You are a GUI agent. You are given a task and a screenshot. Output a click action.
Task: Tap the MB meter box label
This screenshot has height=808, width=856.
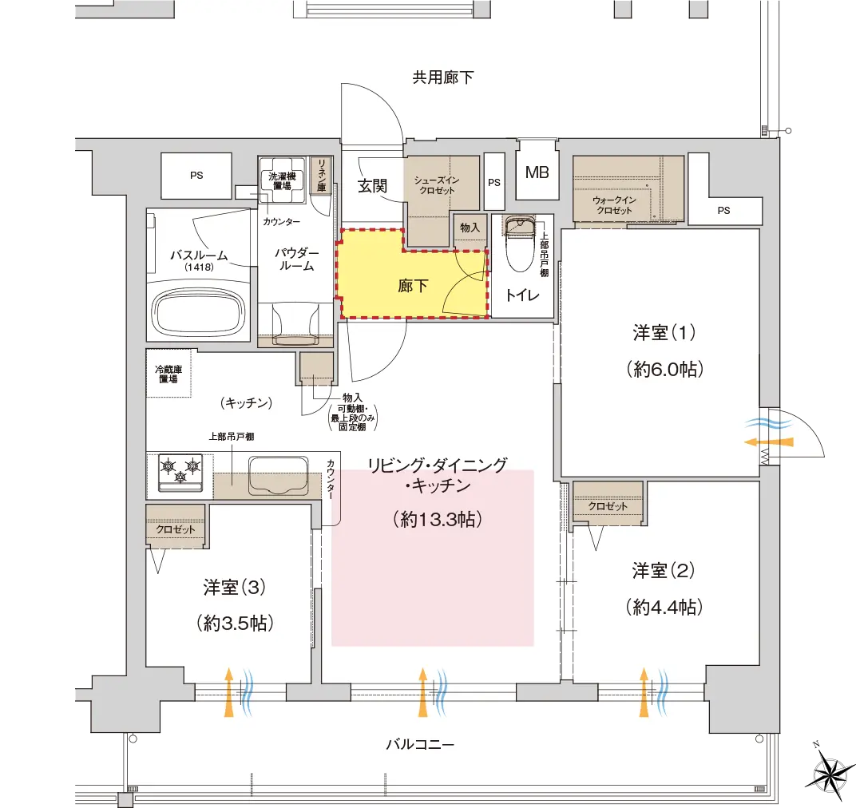pyautogui.click(x=537, y=172)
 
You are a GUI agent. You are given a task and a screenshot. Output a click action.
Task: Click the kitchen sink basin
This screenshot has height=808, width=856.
pyautogui.click(x=278, y=475)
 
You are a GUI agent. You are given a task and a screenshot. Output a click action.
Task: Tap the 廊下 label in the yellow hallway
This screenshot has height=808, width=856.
pyautogui.click(x=413, y=286)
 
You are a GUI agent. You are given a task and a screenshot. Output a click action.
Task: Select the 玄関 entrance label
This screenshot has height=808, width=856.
pyautogui.click(x=373, y=185)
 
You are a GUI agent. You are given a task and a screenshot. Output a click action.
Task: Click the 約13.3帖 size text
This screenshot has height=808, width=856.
pyautogui.click(x=438, y=519)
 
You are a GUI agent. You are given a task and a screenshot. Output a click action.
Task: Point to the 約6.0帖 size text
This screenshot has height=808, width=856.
pyautogui.click(x=664, y=370)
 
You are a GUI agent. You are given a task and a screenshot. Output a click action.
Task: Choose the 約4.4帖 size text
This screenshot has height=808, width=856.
pyautogui.click(x=664, y=607)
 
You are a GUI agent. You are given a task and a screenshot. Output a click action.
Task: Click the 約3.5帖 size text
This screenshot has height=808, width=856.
pyautogui.click(x=235, y=623)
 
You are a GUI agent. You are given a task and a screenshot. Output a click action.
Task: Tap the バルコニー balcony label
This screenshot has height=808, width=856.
pyautogui.click(x=420, y=744)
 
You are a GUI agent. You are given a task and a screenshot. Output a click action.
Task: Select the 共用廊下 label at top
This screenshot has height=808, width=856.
pyautogui.click(x=442, y=77)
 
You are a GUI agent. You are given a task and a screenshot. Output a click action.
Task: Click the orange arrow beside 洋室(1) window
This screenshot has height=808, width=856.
pyautogui.click(x=769, y=442)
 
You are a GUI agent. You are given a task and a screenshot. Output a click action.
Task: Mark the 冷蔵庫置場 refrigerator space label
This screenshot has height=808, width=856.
pyautogui.click(x=168, y=374)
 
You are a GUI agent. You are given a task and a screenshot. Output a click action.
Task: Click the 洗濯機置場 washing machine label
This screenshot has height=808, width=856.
pyautogui.click(x=282, y=181)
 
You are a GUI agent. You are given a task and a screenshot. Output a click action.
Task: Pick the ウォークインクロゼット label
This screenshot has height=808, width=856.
pyautogui.click(x=615, y=205)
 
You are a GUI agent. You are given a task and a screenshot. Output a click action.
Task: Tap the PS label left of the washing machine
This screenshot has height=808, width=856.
pyautogui.click(x=196, y=175)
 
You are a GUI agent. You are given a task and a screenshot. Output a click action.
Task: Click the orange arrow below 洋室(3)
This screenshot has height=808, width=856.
pyautogui.click(x=228, y=692)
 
